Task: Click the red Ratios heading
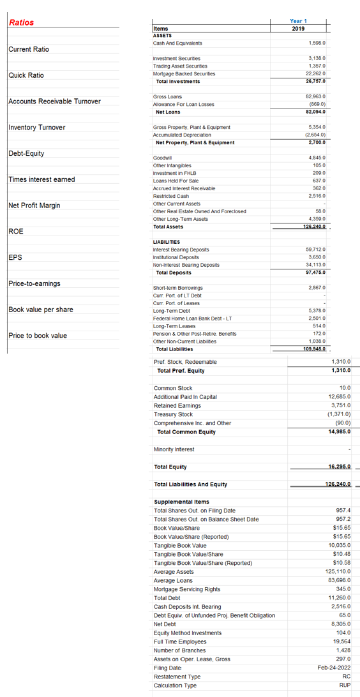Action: click(x=22, y=22)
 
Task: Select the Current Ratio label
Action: click(x=29, y=49)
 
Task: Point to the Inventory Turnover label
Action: click(x=37, y=127)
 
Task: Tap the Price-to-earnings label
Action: click(x=34, y=283)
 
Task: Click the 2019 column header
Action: click(x=297, y=28)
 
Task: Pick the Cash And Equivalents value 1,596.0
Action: click(x=317, y=43)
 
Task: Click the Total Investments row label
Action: click(x=178, y=81)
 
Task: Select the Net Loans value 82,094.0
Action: click(x=316, y=112)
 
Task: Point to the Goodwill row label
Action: click(x=163, y=158)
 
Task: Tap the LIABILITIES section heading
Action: click(x=168, y=242)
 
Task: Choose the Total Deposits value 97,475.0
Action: click(x=316, y=273)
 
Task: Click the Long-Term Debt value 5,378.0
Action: click(x=317, y=311)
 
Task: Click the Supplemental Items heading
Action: click(x=181, y=502)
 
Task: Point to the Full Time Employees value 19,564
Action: click(x=341, y=641)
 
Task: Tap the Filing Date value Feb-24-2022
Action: click(x=336, y=668)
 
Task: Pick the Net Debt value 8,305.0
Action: click(x=339, y=624)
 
